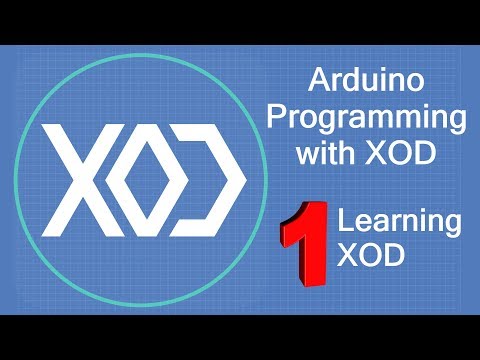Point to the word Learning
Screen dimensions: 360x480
(388, 222)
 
